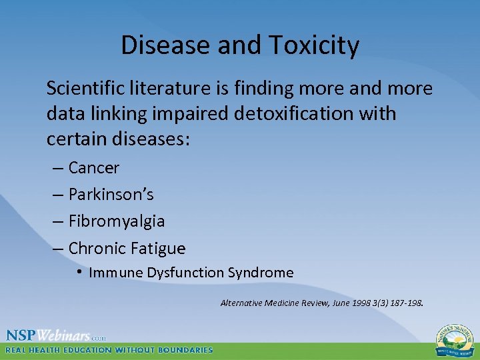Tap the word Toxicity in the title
pyautogui.click(x=314, y=45)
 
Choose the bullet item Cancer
pyautogui.click(x=93, y=168)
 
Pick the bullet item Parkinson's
pyautogui.click(x=111, y=195)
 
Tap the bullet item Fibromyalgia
pyautogui.click(x=116, y=221)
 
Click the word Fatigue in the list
pyautogui.click(x=158, y=249)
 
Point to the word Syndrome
pyautogui.click(x=261, y=273)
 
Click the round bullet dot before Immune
pyautogui.click(x=79, y=273)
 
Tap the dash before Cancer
pyautogui.click(x=57, y=168)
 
